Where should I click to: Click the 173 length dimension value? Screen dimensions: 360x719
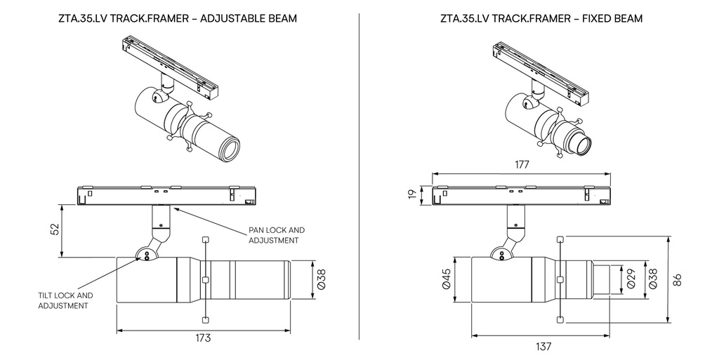203,338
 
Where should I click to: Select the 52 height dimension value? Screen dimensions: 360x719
55,230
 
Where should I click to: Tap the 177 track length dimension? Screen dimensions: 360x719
521,164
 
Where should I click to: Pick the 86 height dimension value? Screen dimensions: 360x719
678,279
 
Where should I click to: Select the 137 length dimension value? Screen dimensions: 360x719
543,346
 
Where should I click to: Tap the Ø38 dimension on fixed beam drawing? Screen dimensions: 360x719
652,280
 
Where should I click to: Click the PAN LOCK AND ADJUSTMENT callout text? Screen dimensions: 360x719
277,235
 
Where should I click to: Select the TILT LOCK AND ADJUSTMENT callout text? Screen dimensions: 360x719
65,300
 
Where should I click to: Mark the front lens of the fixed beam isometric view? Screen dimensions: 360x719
581,145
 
